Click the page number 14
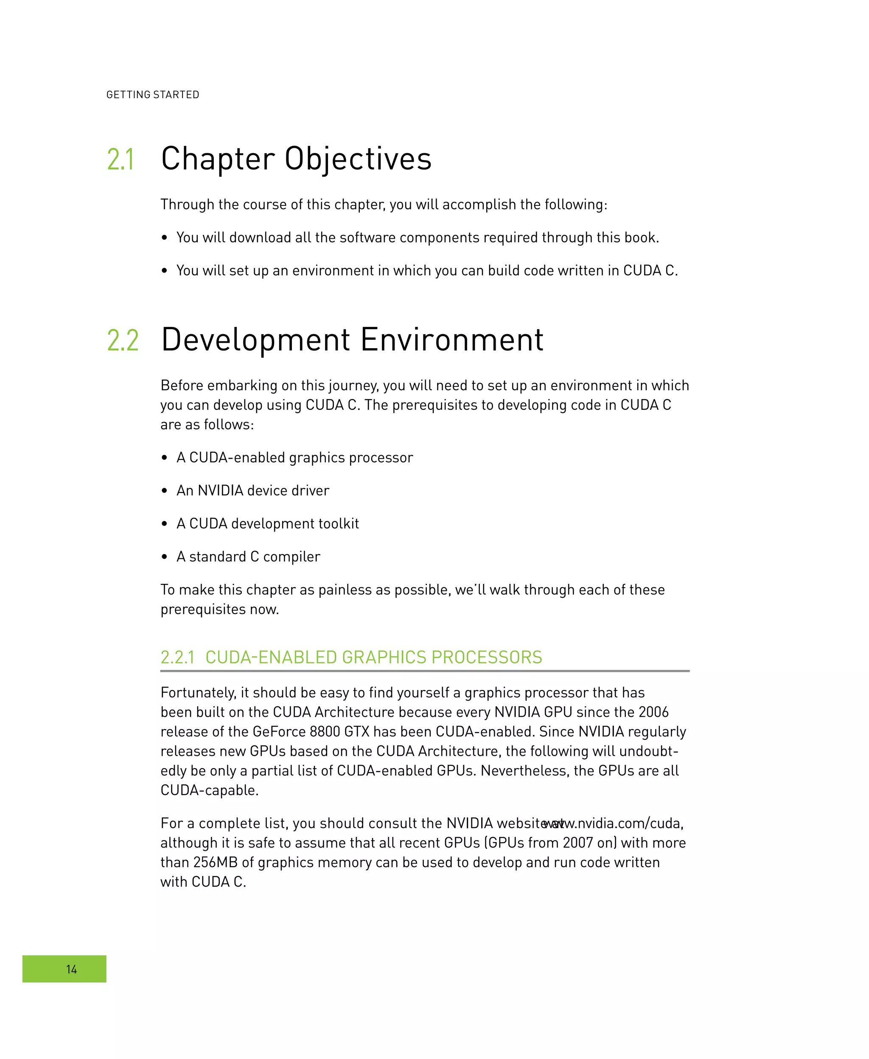coord(72,969)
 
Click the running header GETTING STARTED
coord(153,95)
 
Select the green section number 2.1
coord(121,160)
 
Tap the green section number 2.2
coord(123,341)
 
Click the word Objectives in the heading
coord(358,159)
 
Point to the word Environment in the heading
coord(451,340)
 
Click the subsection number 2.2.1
coord(177,657)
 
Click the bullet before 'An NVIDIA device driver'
coord(164,491)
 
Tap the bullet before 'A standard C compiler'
coord(164,557)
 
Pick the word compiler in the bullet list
coord(292,557)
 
